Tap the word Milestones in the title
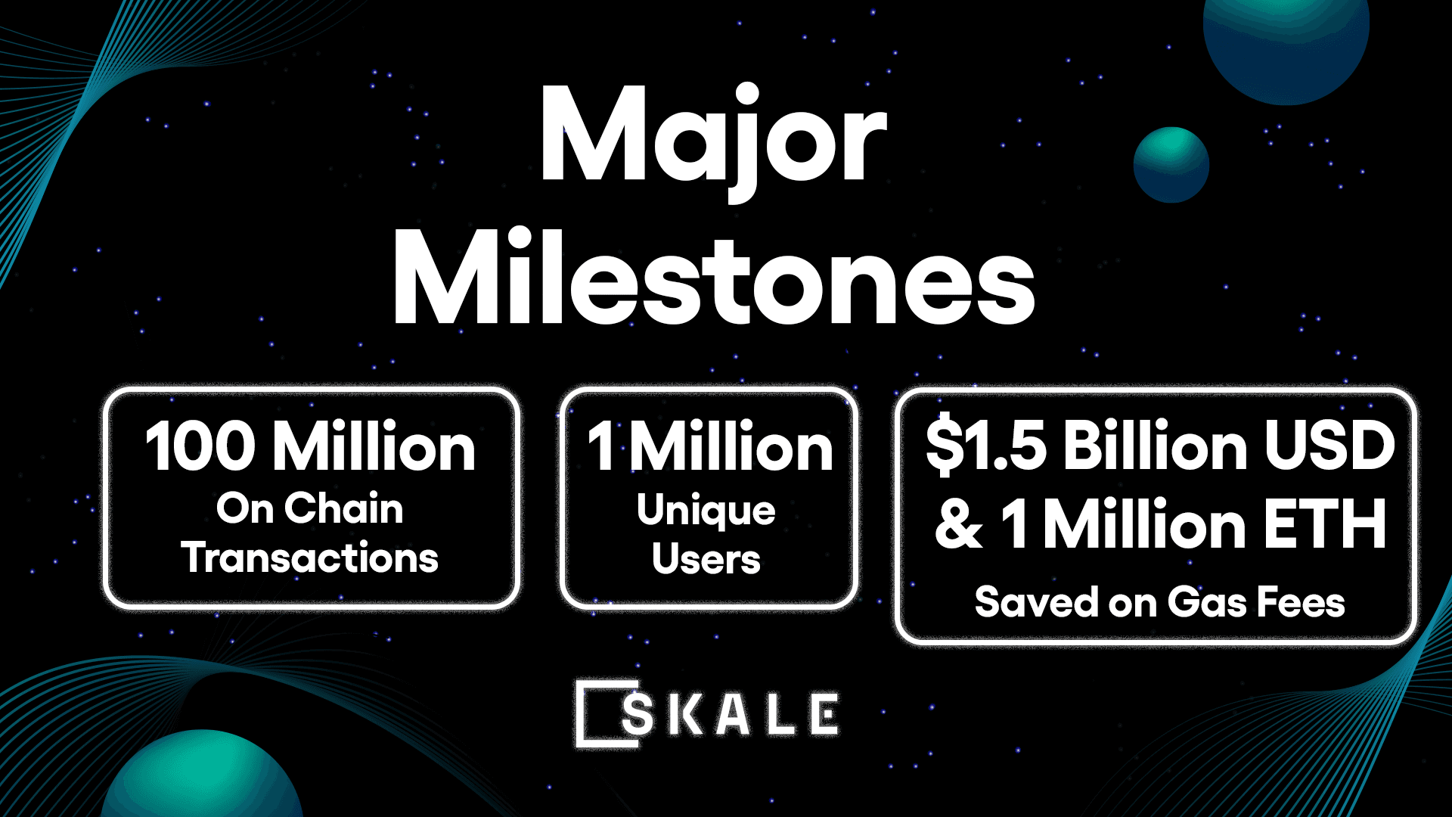(x=714, y=279)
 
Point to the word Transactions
(x=309, y=558)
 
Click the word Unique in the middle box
(x=706, y=511)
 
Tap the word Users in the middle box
(x=706, y=559)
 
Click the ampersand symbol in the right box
(x=959, y=524)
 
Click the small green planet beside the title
(x=1171, y=165)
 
